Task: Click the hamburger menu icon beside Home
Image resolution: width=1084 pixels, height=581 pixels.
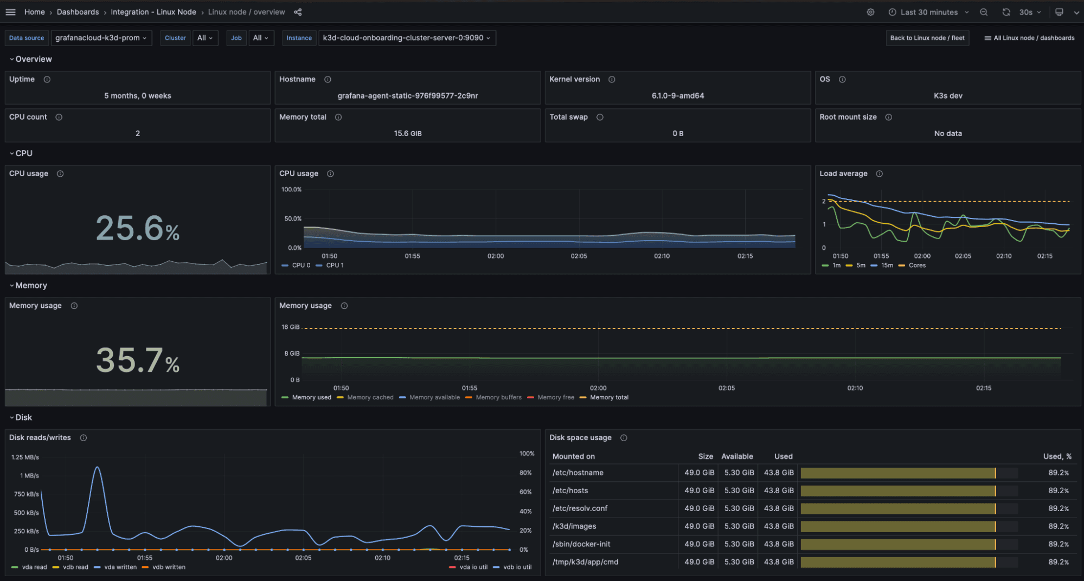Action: (x=10, y=12)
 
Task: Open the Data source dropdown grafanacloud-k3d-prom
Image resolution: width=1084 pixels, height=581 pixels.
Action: (x=101, y=38)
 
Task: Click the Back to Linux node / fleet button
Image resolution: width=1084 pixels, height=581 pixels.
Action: (x=927, y=38)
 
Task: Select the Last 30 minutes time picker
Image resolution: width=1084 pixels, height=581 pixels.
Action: (x=928, y=12)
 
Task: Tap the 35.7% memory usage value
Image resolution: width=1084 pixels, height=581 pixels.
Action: (x=137, y=360)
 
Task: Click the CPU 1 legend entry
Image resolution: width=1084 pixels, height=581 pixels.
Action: (x=334, y=266)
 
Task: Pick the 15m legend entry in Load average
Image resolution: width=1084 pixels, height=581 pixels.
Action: (x=886, y=266)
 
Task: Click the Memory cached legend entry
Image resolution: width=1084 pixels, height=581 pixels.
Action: (x=370, y=398)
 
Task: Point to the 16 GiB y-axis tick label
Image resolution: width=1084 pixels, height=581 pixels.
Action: (x=290, y=327)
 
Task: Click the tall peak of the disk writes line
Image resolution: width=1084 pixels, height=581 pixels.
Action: (x=98, y=467)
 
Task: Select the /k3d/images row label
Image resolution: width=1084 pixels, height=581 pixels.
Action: (x=574, y=526)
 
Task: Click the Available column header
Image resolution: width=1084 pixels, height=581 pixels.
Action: (x=736, y=456)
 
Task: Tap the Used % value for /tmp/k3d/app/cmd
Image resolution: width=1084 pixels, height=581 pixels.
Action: (x=1058, y=562)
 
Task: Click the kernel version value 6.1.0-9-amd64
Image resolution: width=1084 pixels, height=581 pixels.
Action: (x=677, y=96)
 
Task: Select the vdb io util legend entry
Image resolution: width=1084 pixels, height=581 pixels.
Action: (x=517, y=567)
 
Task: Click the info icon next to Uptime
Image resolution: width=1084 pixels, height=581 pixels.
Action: (x=47, y=80)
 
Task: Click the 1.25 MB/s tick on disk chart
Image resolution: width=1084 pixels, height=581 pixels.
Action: (x=25, y=457)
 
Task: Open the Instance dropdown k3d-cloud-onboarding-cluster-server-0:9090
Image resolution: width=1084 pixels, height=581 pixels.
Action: (x=406, y=38)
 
